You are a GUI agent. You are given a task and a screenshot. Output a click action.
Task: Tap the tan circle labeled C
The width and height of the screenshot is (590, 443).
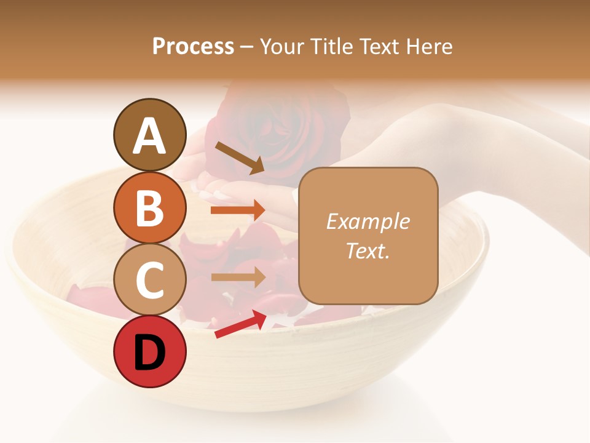150,279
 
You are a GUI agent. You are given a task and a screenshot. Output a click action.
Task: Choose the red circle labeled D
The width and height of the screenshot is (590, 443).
150,351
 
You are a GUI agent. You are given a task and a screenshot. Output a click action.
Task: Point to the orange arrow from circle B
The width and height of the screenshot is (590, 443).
238,210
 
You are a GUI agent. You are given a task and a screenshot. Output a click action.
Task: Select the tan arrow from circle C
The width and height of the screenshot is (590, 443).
238,277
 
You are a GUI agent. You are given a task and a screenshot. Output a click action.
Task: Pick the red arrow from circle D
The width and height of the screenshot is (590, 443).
240,324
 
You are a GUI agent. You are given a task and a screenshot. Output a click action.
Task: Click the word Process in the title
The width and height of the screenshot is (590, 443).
193,47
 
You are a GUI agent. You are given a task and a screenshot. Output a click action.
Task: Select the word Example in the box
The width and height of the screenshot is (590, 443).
368,222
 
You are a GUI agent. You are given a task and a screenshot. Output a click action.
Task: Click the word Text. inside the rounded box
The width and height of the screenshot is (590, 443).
368,250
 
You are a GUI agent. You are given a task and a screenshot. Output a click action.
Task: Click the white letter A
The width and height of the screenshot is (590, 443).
150,135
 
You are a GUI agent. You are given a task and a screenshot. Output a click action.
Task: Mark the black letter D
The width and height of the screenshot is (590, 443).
150,353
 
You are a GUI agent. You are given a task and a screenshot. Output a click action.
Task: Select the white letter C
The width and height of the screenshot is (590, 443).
150,280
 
